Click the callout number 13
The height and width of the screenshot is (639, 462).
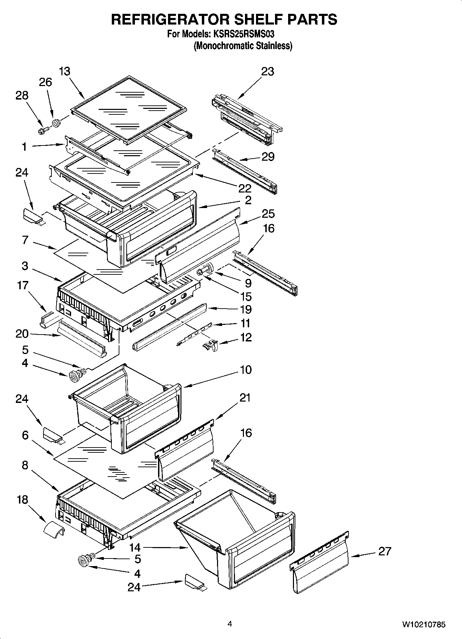(x=64, y=72)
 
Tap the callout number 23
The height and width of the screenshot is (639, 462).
(x=267, y=72)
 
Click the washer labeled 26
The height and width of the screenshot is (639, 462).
(x=56, y=123)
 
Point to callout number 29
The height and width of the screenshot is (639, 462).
(x=268, y=157)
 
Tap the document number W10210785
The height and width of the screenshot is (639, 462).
(x=423, y=624)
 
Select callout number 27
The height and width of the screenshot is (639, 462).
(x=384, y=551)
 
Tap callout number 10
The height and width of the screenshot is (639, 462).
(x=245, y=370)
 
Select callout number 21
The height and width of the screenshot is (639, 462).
(x=245, y=398)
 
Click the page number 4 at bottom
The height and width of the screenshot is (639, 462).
(x=230, y=624)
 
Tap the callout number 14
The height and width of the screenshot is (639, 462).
(x=135, y=547)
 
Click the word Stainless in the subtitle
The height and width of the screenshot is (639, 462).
(x=274, y=46)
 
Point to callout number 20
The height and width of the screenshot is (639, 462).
(x=22, y=334)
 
